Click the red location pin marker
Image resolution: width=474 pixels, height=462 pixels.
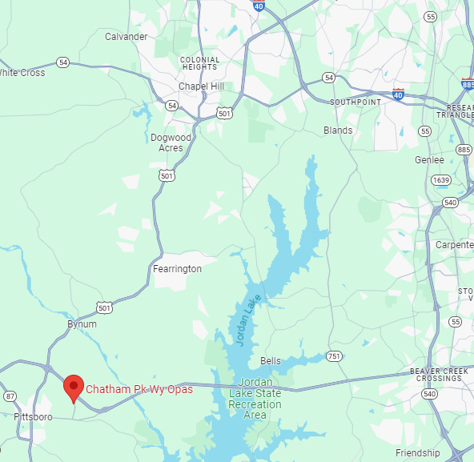[74, 388]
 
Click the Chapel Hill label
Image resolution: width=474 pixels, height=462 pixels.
[201, 86]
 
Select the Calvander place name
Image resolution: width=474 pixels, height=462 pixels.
[126, 37]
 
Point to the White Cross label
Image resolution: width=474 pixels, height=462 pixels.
[22, 73]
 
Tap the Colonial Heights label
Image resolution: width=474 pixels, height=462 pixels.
[199, 63]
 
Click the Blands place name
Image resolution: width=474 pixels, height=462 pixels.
[338, 131]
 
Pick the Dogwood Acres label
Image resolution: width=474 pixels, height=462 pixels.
[171, 143]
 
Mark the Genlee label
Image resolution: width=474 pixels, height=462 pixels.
[429, 160]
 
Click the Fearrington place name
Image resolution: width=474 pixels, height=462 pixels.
[177, 270]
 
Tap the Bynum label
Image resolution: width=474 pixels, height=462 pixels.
[82, 324]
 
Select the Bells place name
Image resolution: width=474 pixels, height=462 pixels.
[271, 361]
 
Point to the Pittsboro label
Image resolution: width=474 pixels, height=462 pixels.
[33, 417]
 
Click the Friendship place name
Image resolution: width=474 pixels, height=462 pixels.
[418, 453]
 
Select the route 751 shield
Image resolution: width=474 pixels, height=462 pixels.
[334, 356]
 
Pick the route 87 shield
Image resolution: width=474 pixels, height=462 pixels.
[10, 396]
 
